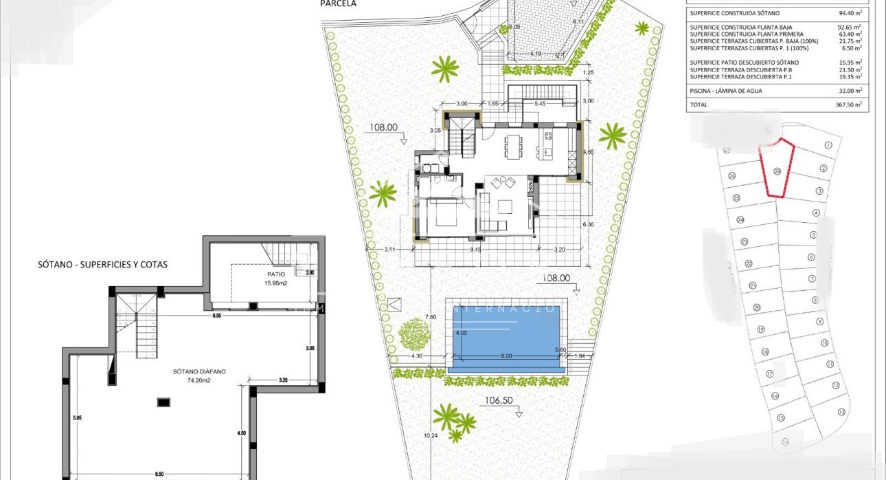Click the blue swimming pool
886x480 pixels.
(507, 337)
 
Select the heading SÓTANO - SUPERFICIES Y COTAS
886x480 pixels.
(103, 264)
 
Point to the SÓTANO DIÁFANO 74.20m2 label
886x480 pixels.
(200, 375)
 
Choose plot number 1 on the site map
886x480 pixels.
(828, 145)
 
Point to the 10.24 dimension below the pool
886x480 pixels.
(431, 435)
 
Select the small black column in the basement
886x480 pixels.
(163, 402)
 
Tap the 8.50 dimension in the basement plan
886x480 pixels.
(159, 474)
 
